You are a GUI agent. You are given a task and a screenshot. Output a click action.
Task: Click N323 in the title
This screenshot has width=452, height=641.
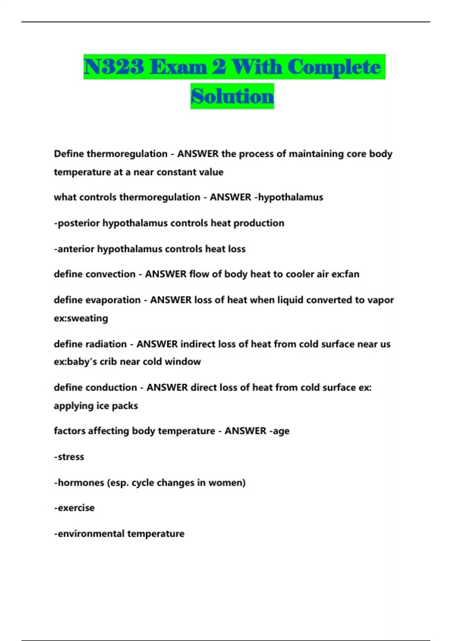click(x=114, y=67)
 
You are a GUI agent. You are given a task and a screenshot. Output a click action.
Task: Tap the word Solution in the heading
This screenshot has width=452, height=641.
click(x=232, y=97)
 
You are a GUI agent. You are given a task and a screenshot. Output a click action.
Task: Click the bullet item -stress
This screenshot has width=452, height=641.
click(x=69, y=457)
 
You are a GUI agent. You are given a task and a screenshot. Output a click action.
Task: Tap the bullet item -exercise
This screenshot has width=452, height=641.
click(x=74, y=508)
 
